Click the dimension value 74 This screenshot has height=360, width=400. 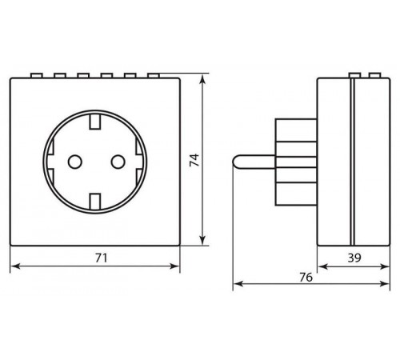[194, 160]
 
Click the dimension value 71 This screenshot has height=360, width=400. [102, 258]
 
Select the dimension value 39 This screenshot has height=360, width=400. [354, 258]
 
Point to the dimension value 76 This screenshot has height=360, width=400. [306, 278]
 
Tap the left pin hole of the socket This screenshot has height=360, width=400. [75, 162]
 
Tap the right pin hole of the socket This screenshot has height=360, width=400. [118, 162]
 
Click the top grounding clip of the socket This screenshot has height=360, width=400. [95, 122]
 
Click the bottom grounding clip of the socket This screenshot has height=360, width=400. [95, 202]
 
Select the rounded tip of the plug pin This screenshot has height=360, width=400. [235, 162]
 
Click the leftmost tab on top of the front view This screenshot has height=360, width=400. [36, 75]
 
